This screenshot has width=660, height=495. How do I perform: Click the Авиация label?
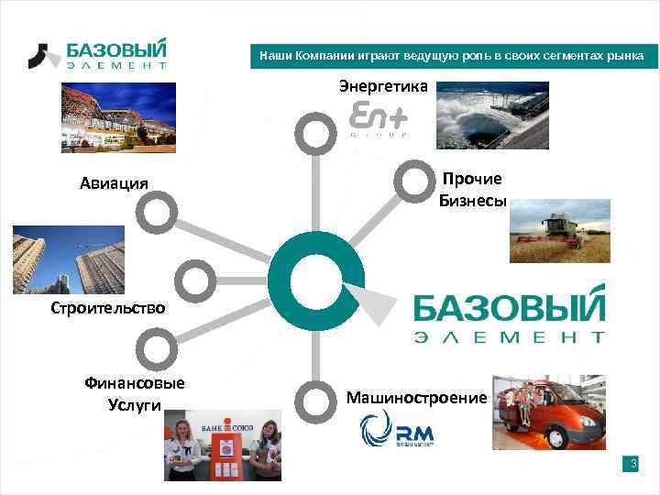click(114, 182)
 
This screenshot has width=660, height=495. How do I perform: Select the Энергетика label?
click(383, 86)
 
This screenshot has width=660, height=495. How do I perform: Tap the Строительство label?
click(108, 307)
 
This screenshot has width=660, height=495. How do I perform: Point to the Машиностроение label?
click(416, 397)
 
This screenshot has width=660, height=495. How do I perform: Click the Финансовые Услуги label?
click(134, 393)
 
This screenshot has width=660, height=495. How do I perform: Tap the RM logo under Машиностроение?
click(397, 428)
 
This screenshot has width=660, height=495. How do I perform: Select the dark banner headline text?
click(452, 57)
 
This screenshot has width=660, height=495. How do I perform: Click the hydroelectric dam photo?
click(491, 115)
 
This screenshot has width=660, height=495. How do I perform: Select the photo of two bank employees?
click(223, 445)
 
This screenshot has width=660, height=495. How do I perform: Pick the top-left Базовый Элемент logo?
click(97, 54)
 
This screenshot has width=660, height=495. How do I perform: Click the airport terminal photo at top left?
click(118, 117)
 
